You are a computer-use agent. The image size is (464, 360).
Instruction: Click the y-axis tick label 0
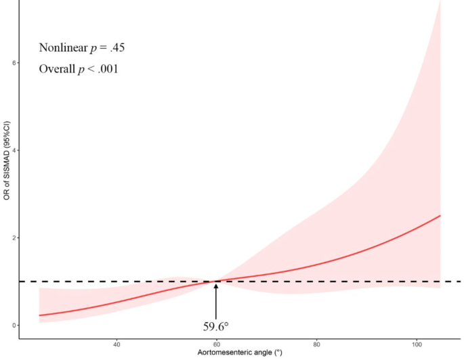click(x=12, y=325)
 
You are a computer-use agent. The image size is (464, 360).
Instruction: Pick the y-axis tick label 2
click(x=12, y=238)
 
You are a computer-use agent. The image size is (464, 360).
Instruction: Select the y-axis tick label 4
click(x=12, y=150)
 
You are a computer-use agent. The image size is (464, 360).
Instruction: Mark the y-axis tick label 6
click(x=12, y=63)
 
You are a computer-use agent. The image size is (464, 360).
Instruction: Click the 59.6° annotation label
click(x=217, y=326)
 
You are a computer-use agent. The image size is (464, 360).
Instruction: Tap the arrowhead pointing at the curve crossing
click(x=216, y=286)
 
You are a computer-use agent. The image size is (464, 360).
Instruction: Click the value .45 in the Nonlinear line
click(x=117, y=48)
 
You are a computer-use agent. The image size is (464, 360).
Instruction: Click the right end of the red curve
click(x=440, y=216)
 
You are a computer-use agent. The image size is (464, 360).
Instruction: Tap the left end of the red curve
click(x=40, y=315)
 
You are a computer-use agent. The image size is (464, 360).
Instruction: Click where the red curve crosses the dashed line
click(x=216, y=282)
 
